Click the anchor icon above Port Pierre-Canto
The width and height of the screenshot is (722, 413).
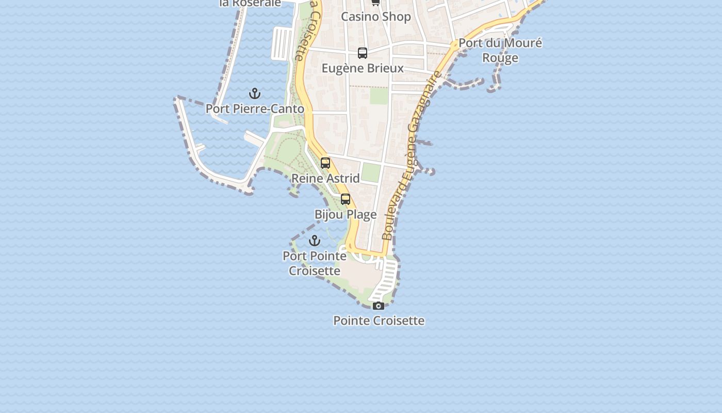pos(255,93)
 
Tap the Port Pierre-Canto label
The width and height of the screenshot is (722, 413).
pos(255,109)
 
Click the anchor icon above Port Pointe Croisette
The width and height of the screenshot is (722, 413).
pos(315,241)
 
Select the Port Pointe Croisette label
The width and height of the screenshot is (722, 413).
pos(315,263)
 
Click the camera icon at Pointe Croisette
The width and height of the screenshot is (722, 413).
pos(379,306)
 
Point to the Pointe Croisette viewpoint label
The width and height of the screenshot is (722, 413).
pos(379,321)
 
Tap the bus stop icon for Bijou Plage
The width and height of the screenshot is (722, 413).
pos(346,199)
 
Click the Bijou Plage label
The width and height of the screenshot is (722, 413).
pos(346,214)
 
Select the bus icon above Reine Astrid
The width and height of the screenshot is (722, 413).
pos(325,163)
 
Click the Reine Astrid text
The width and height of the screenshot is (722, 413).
pos(325,178)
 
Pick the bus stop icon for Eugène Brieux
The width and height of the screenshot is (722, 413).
pos(363,53)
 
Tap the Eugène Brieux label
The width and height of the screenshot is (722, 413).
pos(363,68)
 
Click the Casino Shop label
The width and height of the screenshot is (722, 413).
pos(376,17)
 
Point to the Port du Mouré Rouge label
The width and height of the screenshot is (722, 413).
pos(500,50)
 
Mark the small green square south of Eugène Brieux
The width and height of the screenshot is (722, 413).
pos(379,96)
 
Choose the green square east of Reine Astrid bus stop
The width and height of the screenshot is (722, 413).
pos(371,172)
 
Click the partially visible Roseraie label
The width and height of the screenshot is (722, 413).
pos(250,3)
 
